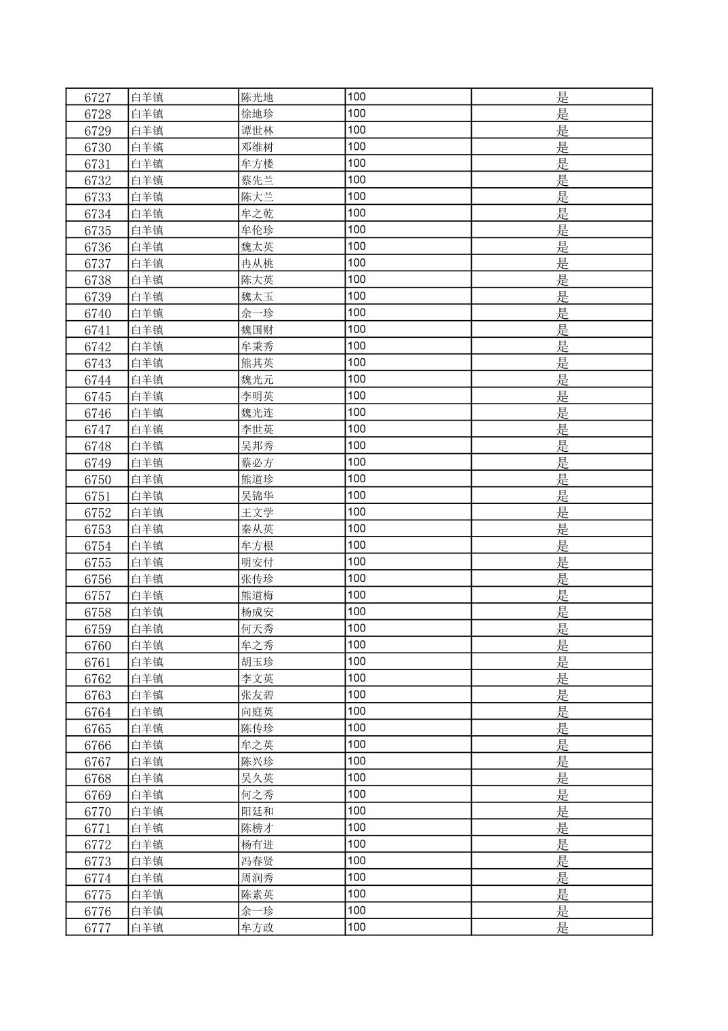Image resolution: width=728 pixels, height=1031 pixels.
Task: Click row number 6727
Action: pyautogui.click(x=97, y=98)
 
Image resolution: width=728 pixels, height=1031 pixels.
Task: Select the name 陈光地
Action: pyautogui.click(x=257, y=98)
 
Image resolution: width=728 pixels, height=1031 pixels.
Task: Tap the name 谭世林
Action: pyautogui.click(x=257, y=131)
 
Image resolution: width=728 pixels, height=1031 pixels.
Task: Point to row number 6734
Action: pyautogui.click(x=97, y=214)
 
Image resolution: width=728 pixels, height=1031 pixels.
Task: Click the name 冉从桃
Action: pyautogui.click(x=257, y=264)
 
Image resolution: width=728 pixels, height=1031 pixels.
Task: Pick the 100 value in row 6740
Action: pyautogui.click(x=357, y=313)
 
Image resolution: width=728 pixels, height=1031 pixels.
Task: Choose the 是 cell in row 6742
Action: pyautogui.click(x=562, y=347)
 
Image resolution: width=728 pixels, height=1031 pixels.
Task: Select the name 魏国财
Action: pyautogui.click(x=257, y=330)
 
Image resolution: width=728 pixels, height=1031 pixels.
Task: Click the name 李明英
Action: pyautogui.click(x=257, y=397)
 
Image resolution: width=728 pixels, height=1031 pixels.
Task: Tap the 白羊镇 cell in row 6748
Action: pyautogui.click(x=147, y=446)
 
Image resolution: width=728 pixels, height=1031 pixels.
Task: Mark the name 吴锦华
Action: pyautogui.click(x=257, y=497)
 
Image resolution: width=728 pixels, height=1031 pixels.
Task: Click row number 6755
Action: pyautogui.click(x=97, y=563)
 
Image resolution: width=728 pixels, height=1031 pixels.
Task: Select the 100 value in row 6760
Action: pyautogui.click(x=357, y=645)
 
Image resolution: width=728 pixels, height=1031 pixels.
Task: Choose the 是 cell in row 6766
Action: pyautogui.click(x=562, y=745)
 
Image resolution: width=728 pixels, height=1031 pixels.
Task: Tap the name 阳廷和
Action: pyautogui.click(x=257, y=812)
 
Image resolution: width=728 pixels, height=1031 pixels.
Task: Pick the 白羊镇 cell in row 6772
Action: pyautogui.click(x=147, y=845)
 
